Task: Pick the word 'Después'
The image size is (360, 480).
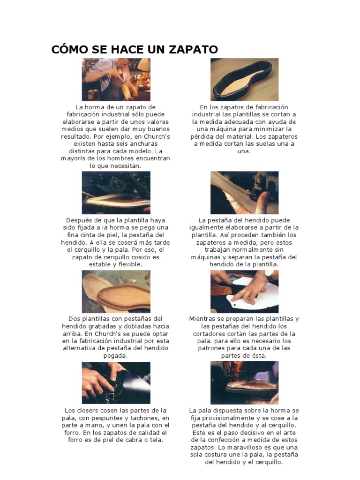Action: (x=77, y=220)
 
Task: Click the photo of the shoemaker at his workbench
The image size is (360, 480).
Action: (x=116, y=79)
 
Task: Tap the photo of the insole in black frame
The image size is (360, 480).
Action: (x=244, y=79)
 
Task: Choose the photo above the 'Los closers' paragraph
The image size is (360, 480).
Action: (x=116, y=382)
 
